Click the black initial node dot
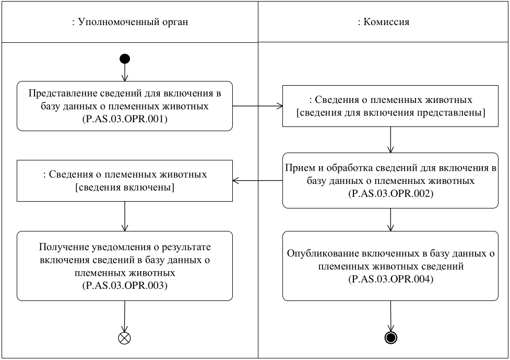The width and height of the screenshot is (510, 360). pos(125,59)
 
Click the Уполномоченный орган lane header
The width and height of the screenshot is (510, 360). pos(129,22)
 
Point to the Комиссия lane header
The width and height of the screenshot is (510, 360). pos(383,22)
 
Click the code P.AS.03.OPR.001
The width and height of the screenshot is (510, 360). pos(125,118)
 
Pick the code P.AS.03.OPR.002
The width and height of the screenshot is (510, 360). pos(389,193)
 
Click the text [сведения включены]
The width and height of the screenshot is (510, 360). pos(125,187)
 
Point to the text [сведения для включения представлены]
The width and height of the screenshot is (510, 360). pos(389,112)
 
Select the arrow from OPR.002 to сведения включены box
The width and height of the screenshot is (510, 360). pos(257,181)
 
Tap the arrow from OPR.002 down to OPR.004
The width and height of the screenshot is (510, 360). pos(389,219)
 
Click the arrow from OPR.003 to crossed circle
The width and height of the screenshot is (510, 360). pos(125,316)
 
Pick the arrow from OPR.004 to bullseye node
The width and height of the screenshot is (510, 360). pos(389,316)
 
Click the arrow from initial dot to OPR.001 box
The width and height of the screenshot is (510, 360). pos(125,73)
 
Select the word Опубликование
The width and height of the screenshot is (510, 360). pos(317,254)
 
